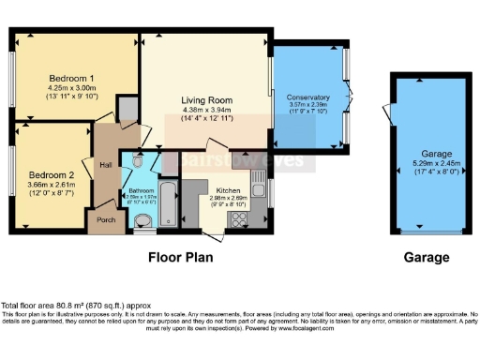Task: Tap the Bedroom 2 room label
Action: [50, 174]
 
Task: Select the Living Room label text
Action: [205, 97]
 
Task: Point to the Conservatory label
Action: [307, 97]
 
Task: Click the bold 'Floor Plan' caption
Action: [180, 256]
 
